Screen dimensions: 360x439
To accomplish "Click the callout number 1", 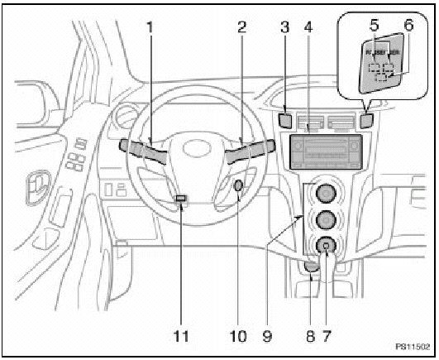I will click(150, 27).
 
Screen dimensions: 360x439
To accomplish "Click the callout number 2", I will click(241, 27).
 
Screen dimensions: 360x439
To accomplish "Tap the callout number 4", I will click(309, 27).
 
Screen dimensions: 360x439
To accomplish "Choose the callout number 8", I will click(310, 336).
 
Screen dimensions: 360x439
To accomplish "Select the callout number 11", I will click(184, 336).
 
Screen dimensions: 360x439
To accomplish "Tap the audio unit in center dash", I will click(326, 152).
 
